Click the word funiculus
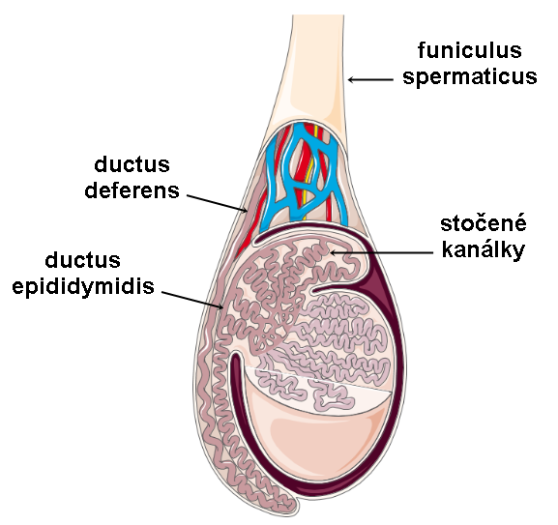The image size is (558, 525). [469, 50]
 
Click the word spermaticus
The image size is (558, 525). [469, 76]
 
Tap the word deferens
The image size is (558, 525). [132, 190]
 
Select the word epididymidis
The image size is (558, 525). [83, 286]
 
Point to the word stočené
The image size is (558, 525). [484, 223]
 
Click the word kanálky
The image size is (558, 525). [484, 250]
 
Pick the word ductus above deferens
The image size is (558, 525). [132, 164]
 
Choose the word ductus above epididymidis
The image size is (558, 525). [83, 260]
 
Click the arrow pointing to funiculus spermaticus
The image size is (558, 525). [370, 79]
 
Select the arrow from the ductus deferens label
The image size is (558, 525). [217, 203]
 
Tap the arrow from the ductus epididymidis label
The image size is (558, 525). [192, 300]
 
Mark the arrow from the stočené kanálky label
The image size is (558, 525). [381, 253]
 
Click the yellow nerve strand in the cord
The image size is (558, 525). [310, 167]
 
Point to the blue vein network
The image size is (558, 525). [303, 174]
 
